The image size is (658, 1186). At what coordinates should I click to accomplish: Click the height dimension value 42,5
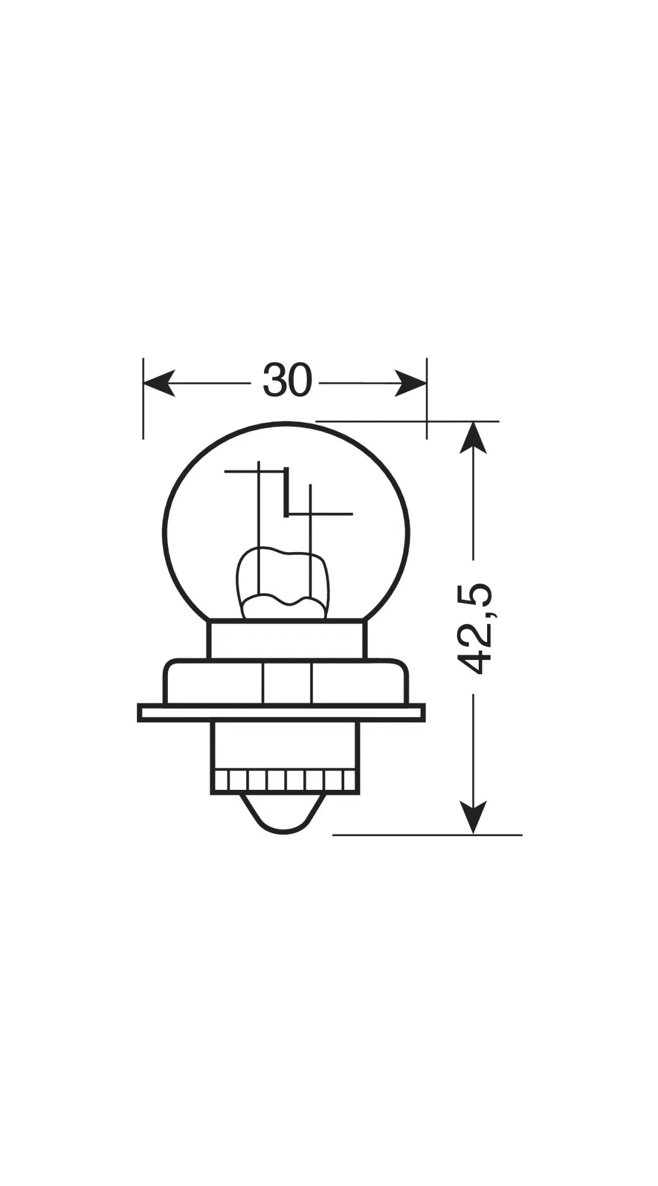[477, 629]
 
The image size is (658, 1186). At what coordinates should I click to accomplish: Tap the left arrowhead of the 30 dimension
[159, 383]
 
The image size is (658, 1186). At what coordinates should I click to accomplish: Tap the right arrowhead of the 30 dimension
[411, 383]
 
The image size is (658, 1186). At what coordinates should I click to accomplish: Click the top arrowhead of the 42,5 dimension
[473, 437]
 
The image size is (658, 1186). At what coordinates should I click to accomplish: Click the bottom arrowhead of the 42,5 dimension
[473, 818]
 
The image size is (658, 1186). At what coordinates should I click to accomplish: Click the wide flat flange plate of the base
[281, 713]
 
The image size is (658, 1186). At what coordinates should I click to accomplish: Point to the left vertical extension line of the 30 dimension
[143, 409]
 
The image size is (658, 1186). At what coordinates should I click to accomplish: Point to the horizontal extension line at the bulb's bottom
[427, 834]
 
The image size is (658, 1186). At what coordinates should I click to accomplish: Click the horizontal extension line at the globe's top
[409, 421]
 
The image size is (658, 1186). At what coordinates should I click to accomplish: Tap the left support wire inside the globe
[259, 534]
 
